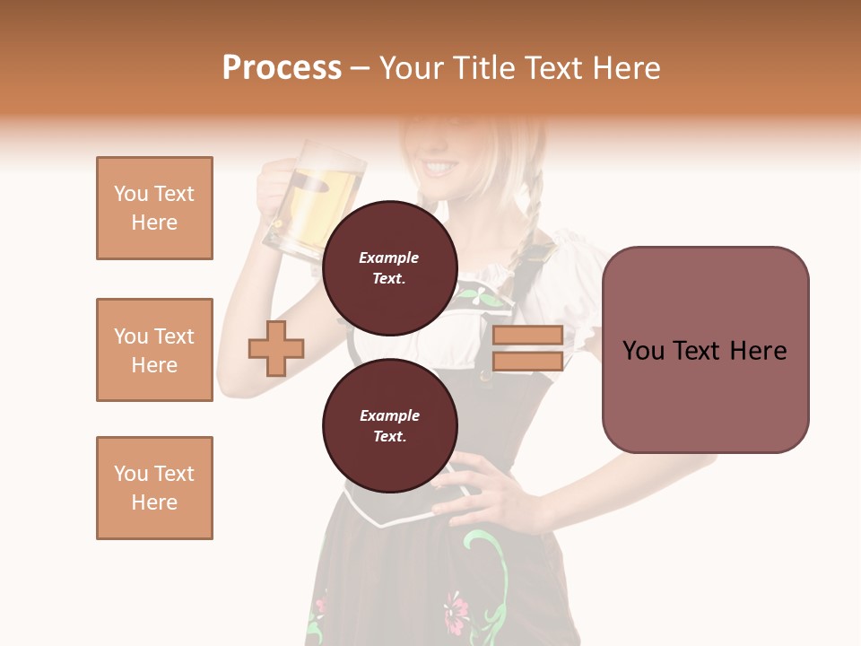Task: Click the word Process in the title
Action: click(282, 68)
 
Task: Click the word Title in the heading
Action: click(485, 68)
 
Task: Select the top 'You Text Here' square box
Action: click(154, 208)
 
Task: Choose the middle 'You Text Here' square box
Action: click(154, 350)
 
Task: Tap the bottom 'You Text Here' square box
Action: click(154, 488)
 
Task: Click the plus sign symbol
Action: click(276, 348)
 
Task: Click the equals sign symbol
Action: click(527, 348)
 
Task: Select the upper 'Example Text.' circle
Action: click(389, 267)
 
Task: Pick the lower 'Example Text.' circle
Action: click(389, 425)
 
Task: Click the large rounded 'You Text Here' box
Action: click(705, 350)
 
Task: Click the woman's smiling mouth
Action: click(442, 167)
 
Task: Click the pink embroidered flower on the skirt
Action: click(457, 609)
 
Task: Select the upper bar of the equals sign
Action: click(527, 336)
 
